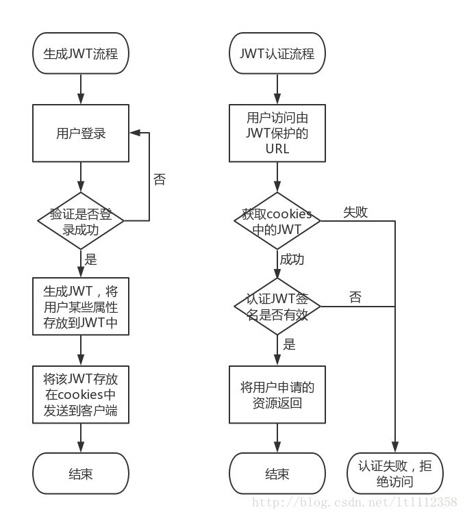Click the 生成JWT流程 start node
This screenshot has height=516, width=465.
click(x=81, y=53)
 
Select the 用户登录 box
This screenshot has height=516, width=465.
click(x=81, y=133)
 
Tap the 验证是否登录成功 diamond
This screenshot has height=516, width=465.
click(x=81, y=221)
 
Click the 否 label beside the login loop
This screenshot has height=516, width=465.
click(x=159, y=180)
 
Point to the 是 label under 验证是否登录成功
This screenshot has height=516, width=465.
click(x=90, y=259)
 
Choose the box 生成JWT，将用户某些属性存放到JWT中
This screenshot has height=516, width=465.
click(x=81, y=306)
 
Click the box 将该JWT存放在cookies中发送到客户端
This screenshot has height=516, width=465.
click(x=81, y=395)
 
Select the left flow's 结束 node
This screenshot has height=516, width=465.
click(x=81, y=474)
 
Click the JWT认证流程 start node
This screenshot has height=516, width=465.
click(x=277, y=53)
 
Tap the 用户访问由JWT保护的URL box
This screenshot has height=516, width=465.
click(x=277, y=133)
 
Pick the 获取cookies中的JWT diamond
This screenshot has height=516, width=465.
click(x=277, y=221)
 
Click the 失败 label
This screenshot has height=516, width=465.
click(x=355, y=212)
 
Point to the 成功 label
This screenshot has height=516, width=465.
click(x=292, y=259)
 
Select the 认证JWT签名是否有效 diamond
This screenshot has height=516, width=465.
click(x=277, y=306)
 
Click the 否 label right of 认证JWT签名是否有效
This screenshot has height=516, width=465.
click(x=355, y=297)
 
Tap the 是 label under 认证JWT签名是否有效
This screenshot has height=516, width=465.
click(x=289, y=344)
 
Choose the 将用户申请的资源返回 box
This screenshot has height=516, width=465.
click(x=277, y=395)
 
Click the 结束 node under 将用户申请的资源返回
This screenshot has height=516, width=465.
click(x=277, y=474)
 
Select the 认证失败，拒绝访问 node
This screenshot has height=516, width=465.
click(x=395, y=474)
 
